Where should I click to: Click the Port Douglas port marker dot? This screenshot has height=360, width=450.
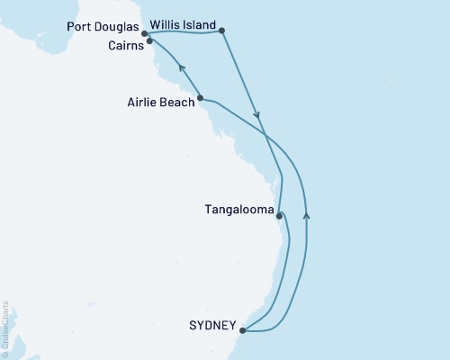145,34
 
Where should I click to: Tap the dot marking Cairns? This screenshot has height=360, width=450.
149,40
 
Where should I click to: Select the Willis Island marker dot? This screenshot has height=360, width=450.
222,31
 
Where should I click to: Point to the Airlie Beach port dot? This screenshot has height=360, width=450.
200,98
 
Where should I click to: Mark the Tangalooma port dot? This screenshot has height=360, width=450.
280,216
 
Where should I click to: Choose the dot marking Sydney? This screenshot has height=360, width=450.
243,330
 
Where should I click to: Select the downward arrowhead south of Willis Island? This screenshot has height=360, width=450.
259,115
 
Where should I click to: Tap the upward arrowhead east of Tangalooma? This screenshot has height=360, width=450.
307,214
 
